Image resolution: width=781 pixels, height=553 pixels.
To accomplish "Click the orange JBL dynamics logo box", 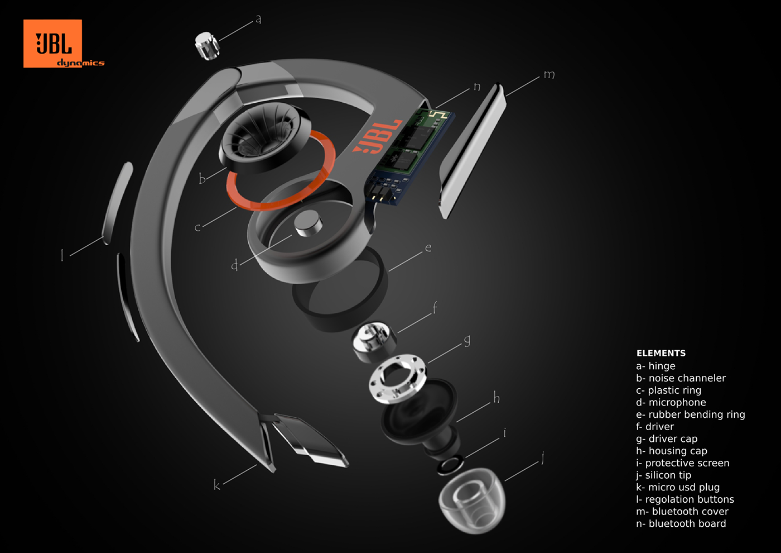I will (x=52, y=44).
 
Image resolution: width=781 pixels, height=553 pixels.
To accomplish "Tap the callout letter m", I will (x=549, y=74).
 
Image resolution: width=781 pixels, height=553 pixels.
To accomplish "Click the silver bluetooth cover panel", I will (x=472, y=151).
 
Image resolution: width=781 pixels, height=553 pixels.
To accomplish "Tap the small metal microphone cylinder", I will (x=308, y=225).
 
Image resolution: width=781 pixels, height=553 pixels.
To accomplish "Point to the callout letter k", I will (x=216, y=484).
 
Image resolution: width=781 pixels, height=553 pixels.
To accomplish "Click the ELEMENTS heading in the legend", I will (x=661, y=353).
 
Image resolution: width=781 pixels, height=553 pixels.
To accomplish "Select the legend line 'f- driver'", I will (x=655, y=427).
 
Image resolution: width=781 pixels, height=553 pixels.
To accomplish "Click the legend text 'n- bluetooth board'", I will (x=681, y=524).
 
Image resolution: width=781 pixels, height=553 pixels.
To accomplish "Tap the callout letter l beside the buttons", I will (x=62, y=255).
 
